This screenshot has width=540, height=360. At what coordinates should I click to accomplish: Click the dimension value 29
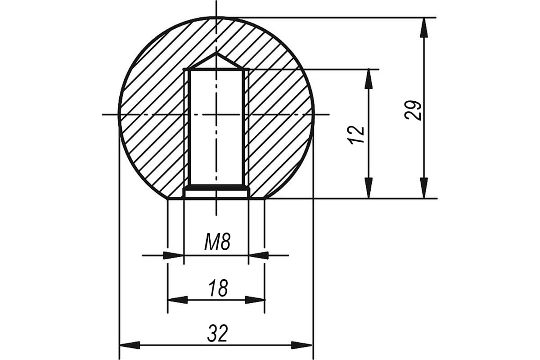point(413,110)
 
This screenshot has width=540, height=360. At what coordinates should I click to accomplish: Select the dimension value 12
point(357,135)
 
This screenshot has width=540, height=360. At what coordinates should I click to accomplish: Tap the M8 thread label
point(217,242)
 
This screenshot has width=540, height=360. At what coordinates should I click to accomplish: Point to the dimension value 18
point(218,288)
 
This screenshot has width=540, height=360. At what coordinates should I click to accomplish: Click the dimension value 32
point(217,333)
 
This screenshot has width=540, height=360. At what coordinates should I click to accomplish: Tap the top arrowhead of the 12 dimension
point(369,79)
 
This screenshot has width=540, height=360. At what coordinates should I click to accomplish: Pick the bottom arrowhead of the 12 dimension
point(369,188)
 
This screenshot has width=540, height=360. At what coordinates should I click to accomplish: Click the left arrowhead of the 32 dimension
point(130,345)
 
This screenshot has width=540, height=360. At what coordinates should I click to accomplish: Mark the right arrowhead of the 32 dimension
point(302,345)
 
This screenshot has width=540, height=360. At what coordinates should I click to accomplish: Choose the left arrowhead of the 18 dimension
point(178,300)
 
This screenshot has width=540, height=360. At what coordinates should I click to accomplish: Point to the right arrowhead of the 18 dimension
point(255,300)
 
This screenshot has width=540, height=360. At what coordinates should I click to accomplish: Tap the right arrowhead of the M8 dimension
point(258,255)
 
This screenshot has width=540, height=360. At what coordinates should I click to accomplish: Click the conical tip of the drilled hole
point(216,54)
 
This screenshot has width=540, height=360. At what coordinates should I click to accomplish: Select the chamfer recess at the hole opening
point(216,193)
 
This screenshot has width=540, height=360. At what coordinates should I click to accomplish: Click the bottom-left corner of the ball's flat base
point(168,199)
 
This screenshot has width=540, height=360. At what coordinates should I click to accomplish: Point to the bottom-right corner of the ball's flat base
point(265,199)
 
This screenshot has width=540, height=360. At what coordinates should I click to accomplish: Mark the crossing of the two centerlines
point(216,114)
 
